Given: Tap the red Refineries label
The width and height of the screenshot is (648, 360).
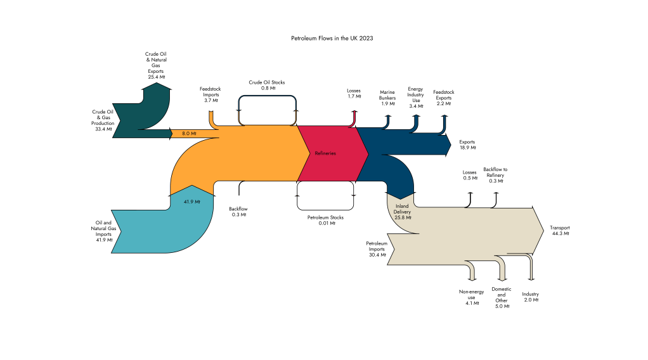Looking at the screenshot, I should pos(325,153).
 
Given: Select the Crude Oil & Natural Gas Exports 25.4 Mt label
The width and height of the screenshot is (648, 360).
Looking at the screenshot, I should pos(156,65).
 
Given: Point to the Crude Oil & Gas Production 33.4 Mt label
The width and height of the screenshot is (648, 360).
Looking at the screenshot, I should pos(102,120).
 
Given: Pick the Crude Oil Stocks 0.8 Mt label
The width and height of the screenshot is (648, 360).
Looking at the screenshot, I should pos(266,85).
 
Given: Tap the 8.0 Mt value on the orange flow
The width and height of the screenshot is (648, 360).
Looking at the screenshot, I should pos(189,134).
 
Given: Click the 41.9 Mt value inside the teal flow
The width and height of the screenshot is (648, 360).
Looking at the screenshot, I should pos(191,202).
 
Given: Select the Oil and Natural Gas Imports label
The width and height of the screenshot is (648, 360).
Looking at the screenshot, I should pos(103,231).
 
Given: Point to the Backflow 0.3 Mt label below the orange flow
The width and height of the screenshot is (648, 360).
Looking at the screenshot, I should pos(238,212).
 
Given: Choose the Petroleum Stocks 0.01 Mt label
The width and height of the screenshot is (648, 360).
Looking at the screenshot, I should pos(325,221).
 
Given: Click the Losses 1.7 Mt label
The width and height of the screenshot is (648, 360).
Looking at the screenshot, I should pos(354,93).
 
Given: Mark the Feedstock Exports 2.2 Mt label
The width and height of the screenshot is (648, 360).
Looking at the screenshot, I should pos(443,98).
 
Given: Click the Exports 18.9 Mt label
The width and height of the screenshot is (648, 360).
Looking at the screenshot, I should pos(467,145).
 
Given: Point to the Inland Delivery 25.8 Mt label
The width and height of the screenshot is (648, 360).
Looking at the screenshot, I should pos(403,212).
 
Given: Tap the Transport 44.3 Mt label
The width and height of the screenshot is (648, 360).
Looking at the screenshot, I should pos(559,230).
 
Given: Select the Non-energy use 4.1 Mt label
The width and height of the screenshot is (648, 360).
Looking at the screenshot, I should pos(471,297).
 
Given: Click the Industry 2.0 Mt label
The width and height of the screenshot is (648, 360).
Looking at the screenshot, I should pos(531,297).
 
